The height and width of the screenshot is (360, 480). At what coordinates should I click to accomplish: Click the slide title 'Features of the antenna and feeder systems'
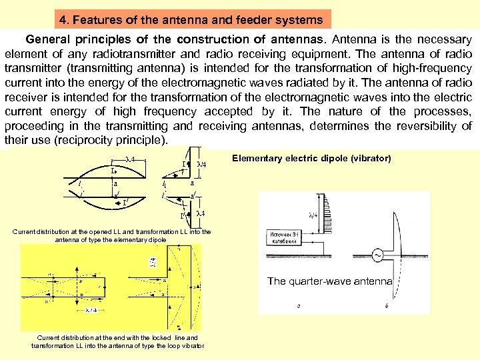point(201,20)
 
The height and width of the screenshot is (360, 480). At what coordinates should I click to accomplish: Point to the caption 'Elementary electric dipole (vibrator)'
point(311,158)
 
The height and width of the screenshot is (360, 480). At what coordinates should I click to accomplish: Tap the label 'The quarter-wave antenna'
point(329,281)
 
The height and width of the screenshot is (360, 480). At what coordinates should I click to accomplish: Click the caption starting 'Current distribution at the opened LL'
point(112,236)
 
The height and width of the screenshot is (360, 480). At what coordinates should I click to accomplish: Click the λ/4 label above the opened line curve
point(131,159)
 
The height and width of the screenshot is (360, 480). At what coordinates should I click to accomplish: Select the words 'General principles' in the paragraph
point(73,40)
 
